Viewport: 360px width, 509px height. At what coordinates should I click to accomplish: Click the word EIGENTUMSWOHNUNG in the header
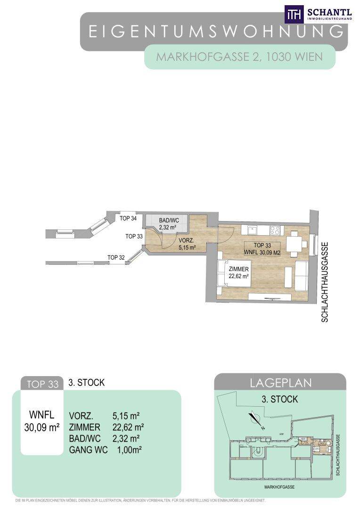coord(215,32)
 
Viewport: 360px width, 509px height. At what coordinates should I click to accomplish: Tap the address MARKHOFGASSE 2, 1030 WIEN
coord(239,57)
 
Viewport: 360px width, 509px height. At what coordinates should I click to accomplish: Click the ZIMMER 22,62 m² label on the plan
coord(239,273)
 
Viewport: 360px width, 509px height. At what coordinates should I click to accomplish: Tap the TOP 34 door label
coord(128,218)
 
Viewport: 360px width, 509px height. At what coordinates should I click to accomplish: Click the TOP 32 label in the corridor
coord(116,257)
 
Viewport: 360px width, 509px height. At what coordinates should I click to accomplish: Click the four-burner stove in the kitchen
coord(275,230)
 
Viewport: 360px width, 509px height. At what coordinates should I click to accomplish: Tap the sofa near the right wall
coord(302,278)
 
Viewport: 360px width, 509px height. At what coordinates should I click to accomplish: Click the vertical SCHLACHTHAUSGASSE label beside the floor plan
coord(325,282)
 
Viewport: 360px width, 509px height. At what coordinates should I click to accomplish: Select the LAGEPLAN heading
coord(280,383)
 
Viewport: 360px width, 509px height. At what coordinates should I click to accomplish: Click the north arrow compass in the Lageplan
coord(256,419)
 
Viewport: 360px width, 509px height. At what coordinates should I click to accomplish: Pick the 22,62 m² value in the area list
coord(128,427)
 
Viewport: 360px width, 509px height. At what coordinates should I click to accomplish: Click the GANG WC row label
coord(88,450)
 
